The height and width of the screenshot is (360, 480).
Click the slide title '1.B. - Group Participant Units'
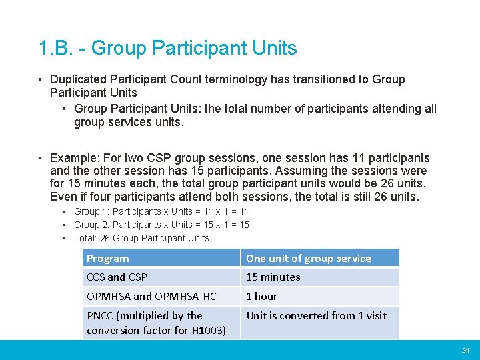point(168,48)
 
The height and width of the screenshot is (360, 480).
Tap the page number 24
point(465,350)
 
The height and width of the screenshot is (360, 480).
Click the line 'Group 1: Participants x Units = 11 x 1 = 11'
point(161,211)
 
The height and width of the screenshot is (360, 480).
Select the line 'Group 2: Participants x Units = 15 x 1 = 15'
point(161,225)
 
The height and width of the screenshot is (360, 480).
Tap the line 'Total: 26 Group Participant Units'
point(141,238)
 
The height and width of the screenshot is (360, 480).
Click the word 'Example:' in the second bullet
point(73,158)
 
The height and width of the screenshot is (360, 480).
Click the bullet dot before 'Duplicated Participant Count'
point(41,79)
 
